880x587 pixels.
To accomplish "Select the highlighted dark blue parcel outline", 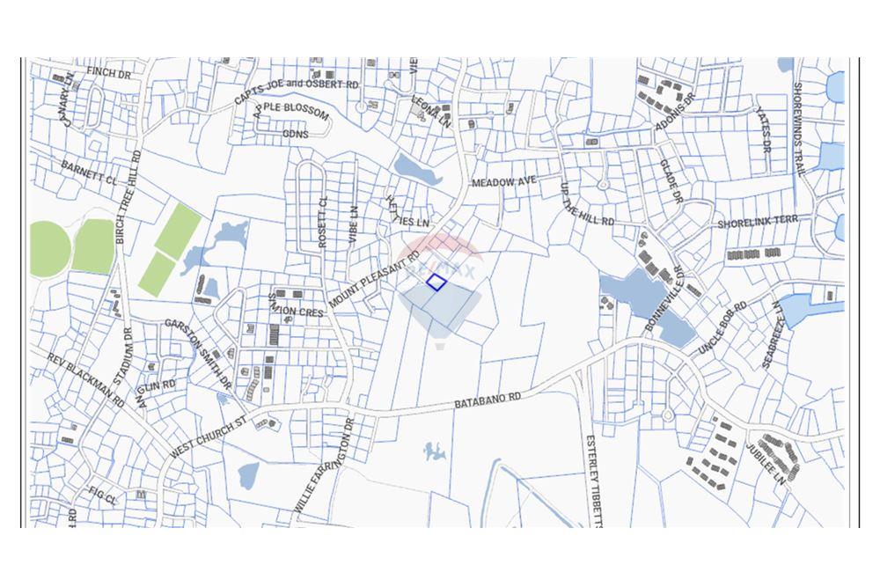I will point(436,282).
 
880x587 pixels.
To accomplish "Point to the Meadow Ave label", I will point(504,181).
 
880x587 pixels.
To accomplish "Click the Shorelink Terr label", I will point(758,223).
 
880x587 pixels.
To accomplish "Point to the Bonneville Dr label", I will point(664,298).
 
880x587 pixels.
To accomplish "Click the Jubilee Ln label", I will point(766,466).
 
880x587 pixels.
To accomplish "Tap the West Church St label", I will point(209,438).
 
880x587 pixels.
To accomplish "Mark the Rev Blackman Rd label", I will point(86,379).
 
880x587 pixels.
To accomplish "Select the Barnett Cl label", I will point(89,171).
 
